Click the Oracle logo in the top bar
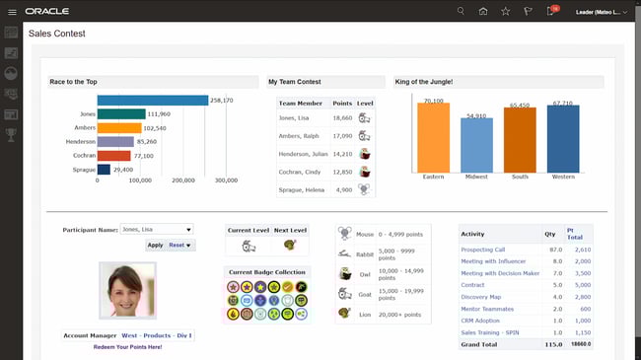(x=46, y=11)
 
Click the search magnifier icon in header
(x=461, y=11)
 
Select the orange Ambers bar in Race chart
(x=119, y=128)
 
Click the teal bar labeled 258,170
(x=153, y=101)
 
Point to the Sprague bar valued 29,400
(x=104, y=170)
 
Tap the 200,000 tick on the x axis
(x=183, y=181)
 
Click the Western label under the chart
(x=563, y=179)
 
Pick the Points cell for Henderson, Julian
(x=342, y=154)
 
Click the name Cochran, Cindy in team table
(x=300, y=172)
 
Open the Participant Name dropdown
(x=156, y=229)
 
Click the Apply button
(x=155, y=245)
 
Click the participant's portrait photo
(x=127, y=291)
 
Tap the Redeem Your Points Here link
(x=127, y=347)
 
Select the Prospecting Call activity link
(x=483, y=250)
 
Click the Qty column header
(x=549, y=235)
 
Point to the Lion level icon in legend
(x=344, y=313)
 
